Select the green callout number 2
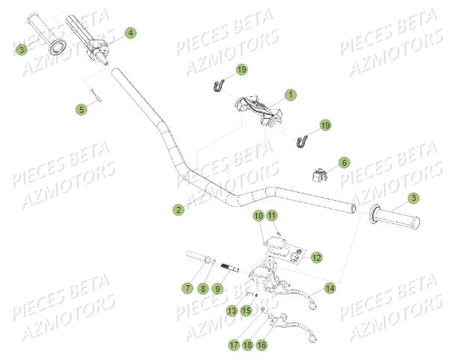tap(178, 211)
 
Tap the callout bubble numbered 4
tap(130, 33)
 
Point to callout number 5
tap(81, 109)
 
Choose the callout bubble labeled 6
tap(344, 162)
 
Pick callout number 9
tap(218, 288)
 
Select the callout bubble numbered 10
tap(258, 217)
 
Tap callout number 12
tap(316, 257)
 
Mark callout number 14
tap(329, 288)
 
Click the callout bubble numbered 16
tap(262, 346)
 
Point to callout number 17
tap(233, 346)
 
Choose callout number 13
tap(232, 310)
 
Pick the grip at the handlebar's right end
tap(396, 220)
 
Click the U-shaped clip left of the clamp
tap(217, 87)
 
